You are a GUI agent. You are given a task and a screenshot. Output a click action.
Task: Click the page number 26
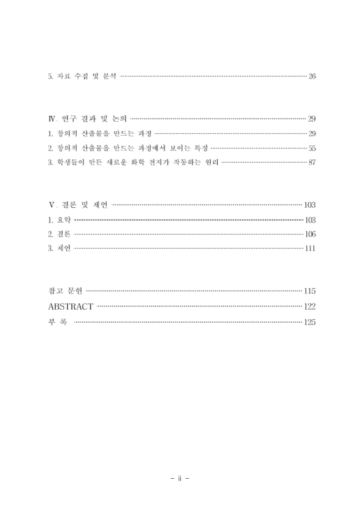[x=312, y=77]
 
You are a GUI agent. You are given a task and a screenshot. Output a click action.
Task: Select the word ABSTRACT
[x=71, y=307]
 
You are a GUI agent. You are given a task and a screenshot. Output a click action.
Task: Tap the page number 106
[x=310, y=235]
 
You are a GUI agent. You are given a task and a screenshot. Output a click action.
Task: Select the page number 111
[x=310, y=251]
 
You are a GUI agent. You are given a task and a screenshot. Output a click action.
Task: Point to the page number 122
[x=310, y=307]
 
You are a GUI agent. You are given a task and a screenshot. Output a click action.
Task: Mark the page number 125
[x=310, y=322]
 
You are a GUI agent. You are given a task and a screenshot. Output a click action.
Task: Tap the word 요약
[x=62, y=221]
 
